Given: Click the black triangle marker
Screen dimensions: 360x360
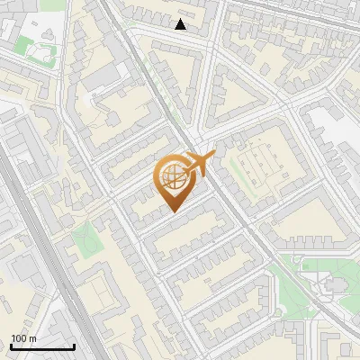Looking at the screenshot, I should [181, 24].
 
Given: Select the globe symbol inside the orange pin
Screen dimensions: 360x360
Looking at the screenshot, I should [173, 179].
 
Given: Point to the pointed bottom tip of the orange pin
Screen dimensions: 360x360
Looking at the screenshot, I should [173, 212].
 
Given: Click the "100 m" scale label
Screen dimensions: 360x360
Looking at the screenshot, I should [23, 338].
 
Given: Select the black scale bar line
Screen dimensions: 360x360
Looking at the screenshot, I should [42, 346].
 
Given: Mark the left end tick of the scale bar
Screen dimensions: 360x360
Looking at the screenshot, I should [11, 346].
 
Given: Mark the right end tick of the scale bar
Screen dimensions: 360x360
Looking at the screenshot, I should [74, 346].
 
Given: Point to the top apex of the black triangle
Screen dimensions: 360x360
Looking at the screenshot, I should [181, 19].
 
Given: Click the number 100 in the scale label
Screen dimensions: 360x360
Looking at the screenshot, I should [20, 338].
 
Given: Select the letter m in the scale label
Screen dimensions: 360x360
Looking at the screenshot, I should [32, 338].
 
